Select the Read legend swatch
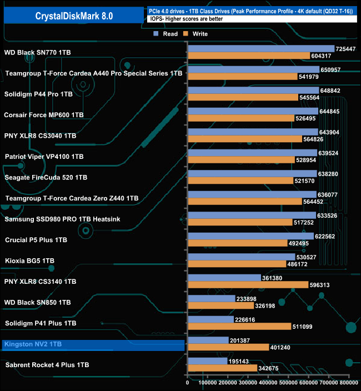coord(156,34)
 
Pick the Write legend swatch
coord(187,34)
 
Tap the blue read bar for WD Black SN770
coord(261,49)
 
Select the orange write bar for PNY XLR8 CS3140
coord(248,285)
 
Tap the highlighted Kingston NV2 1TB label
coord(33,345)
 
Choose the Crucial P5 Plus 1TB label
coord(36,240)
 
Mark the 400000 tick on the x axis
coord(269,383)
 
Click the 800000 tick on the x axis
coord(349,383)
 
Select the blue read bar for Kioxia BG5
coord(242,257)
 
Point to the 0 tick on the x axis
coord(188,383)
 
